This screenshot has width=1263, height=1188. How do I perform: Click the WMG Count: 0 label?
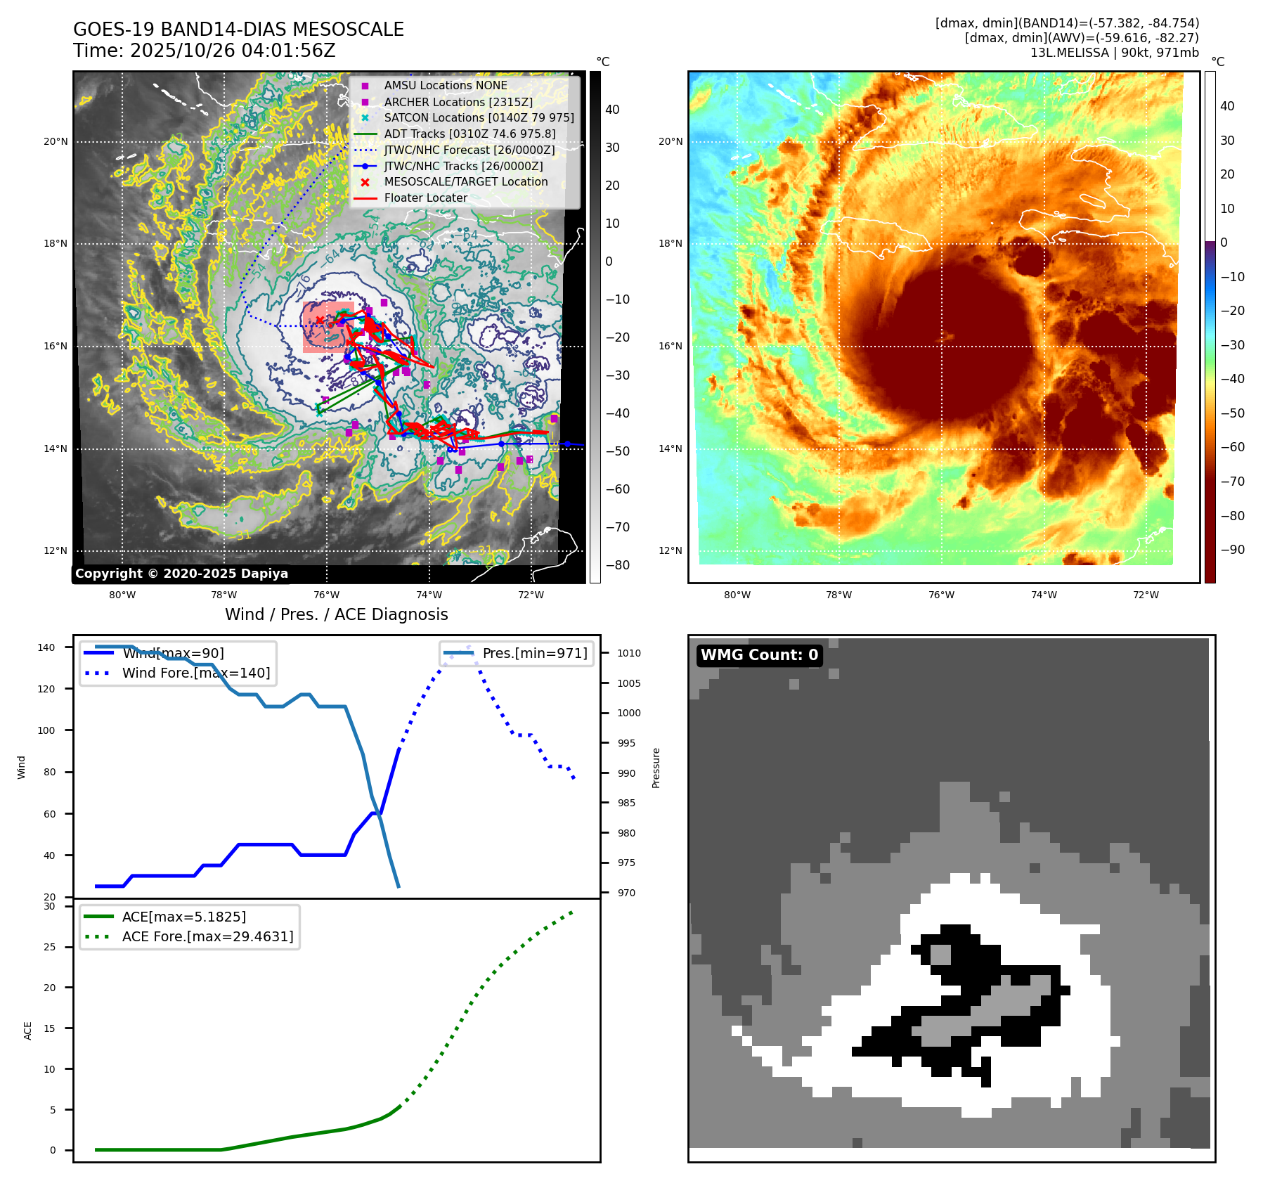(x=759, y=655)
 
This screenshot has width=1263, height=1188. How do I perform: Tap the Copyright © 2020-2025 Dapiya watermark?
(x=181, y=574)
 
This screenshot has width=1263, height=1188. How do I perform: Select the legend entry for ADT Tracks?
(x=469, y=134)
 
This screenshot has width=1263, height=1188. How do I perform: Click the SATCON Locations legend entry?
(x=479, y=117)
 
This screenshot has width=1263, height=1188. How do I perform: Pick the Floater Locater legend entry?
(x=425, y=198)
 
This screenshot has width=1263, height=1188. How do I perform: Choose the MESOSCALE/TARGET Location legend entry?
(x=465, y=181)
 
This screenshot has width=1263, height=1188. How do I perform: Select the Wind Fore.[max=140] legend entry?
(x=195, y=673)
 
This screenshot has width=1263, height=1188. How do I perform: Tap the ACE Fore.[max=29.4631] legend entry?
(x=207, y=936)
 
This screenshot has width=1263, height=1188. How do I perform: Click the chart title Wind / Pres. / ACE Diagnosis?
(x=336, y=614)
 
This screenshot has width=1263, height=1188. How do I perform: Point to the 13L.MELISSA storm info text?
(x=1114, y=53)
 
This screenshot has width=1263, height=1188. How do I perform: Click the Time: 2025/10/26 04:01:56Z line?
(x=205, y=51)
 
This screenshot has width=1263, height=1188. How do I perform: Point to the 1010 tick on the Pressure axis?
(x=629, y=653)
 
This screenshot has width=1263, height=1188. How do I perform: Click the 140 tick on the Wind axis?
(x=46, y=647)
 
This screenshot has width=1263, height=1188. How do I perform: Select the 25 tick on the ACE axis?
(x=49, y=947)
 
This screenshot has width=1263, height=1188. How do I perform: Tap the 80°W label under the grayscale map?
(x=122, y=595)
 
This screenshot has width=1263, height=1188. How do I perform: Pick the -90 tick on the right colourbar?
(x=1233, y=550)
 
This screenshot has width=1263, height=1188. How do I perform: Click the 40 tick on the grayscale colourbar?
(x=612, y=110)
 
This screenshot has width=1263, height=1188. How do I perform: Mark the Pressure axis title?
(x=656, y=768)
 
